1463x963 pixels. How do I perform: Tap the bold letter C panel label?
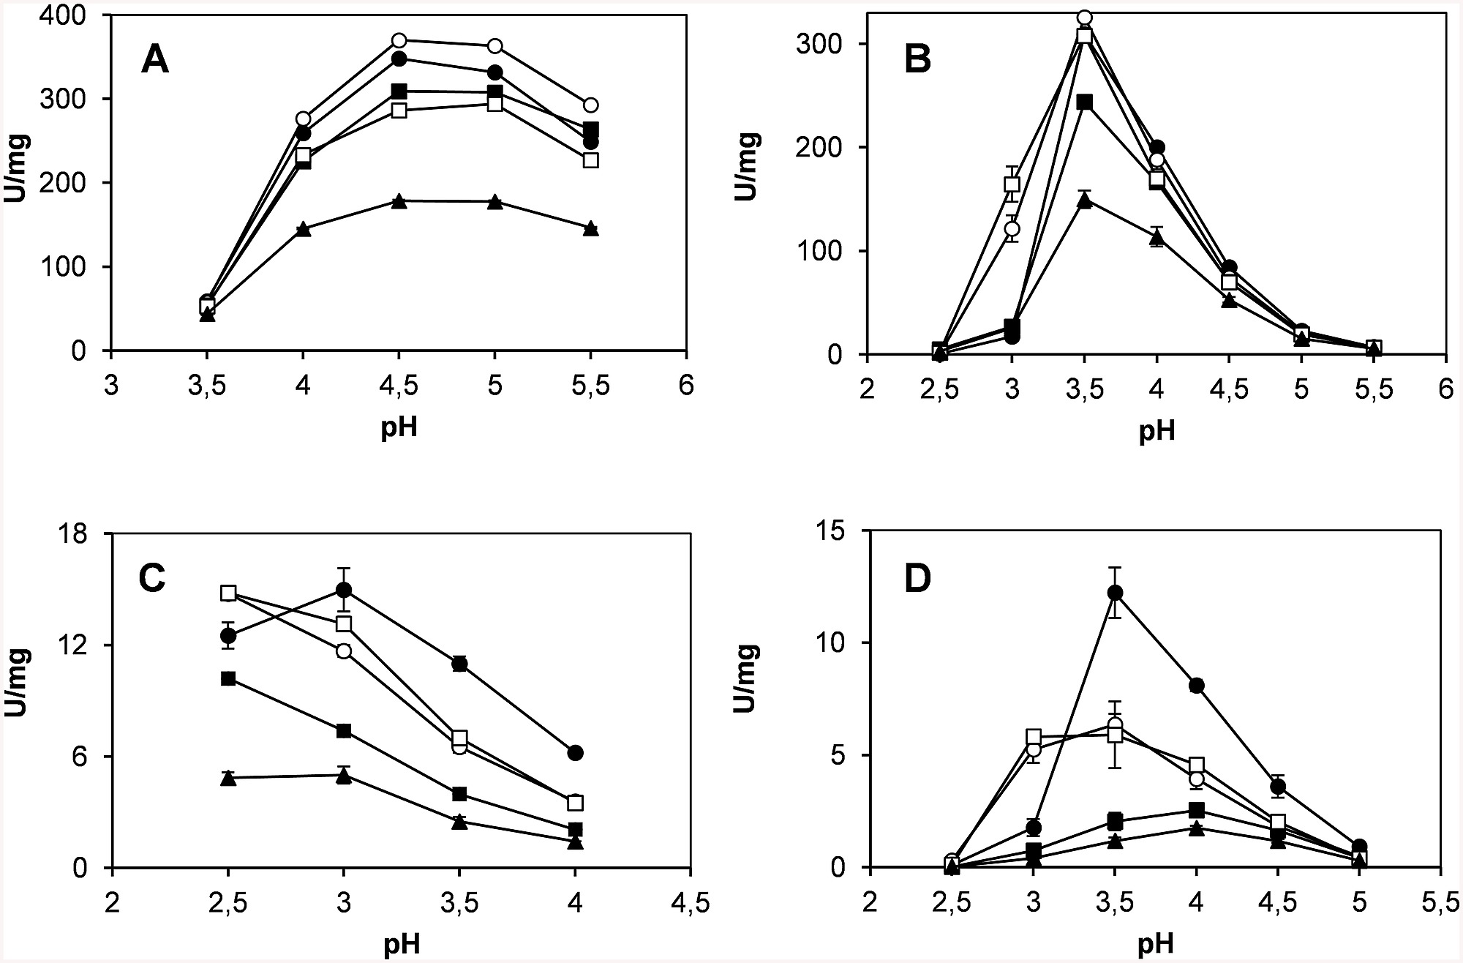[151, 579]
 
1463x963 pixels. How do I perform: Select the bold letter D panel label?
[917, 579]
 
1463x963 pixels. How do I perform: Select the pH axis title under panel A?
[399, 426]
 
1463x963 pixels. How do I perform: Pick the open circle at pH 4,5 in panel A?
[399, 40]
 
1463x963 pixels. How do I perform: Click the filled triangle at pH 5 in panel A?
[495, 202]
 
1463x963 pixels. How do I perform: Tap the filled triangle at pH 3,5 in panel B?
[1085, 201]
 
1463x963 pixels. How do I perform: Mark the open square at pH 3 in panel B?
[1012, 184]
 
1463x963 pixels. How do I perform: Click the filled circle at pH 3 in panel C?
[344, 589]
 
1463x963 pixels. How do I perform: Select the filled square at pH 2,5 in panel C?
[228, 678]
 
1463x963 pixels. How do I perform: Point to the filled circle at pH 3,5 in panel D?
[1115, 592]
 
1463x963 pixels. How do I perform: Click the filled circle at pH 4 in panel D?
[1197, 686]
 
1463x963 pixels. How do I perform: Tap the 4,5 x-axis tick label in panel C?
[691, 902]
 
